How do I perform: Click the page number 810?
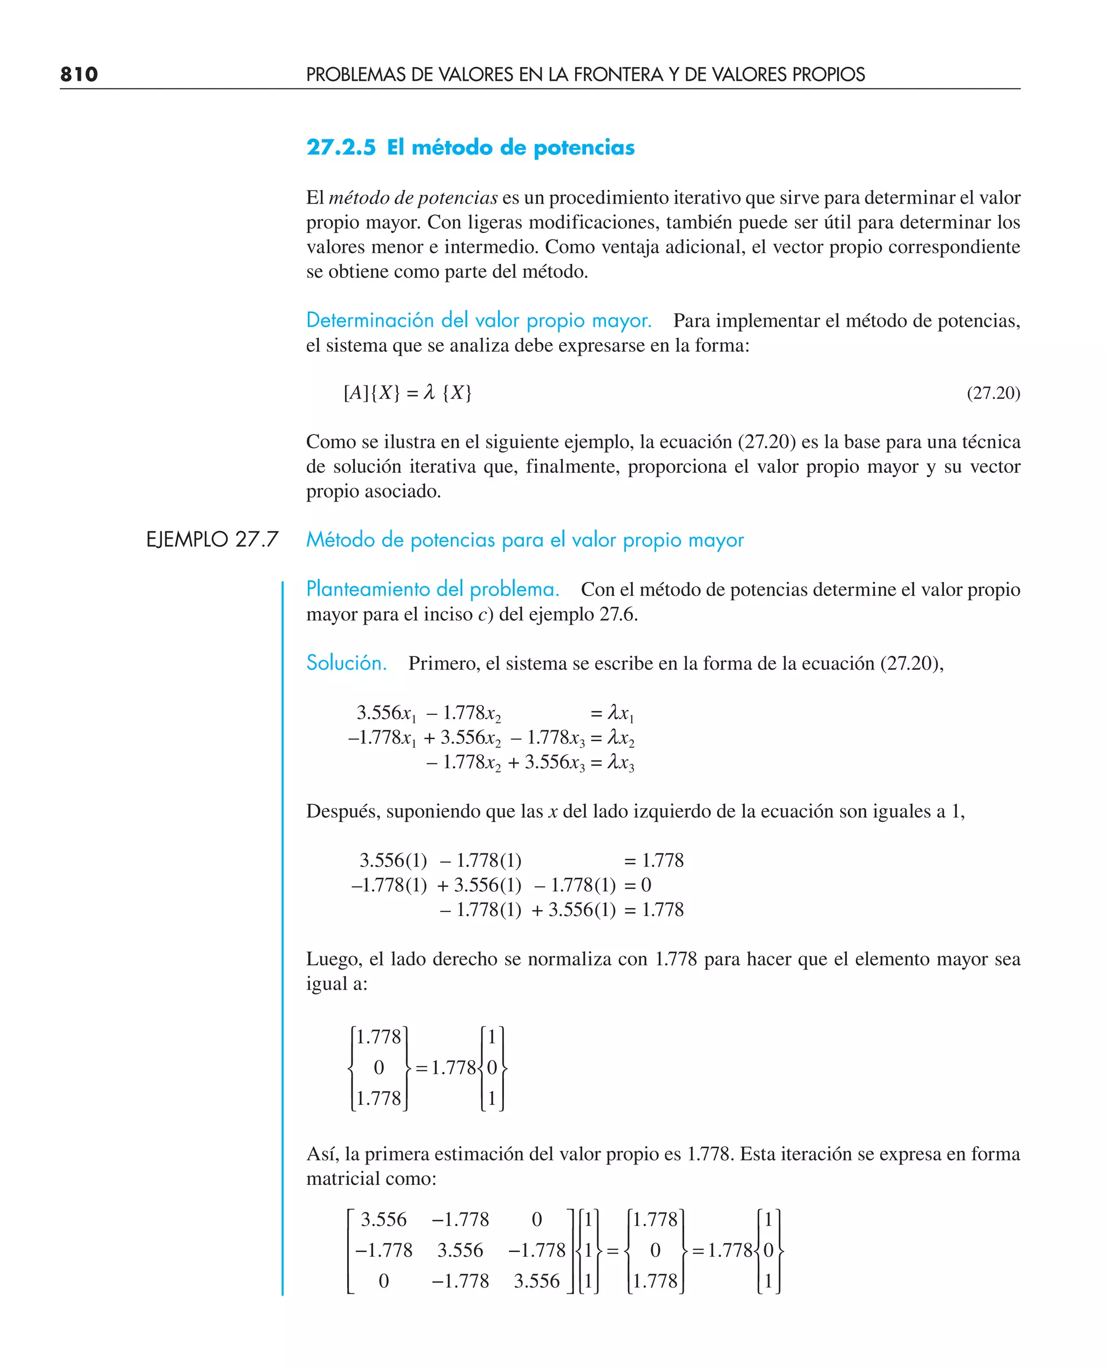coord(79,74)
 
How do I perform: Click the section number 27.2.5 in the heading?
coord(341,148)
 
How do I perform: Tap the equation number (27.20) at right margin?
coord(993,393)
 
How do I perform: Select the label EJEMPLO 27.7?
coord(212,539)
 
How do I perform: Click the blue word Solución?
coord(346,663)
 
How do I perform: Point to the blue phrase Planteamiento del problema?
coord(433,589)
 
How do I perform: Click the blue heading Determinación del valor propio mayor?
coord(478,320)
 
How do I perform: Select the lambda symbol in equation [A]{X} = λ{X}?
coord(429,392)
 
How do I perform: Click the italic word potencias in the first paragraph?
coord(457,198)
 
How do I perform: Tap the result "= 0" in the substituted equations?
coord(638,885)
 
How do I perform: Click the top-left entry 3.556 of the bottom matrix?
coord(383,1219)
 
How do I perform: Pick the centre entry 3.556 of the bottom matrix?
coord(460,1250)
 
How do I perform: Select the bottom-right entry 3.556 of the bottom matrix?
coord(536,1280)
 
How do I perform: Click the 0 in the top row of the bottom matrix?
coord(536,1219)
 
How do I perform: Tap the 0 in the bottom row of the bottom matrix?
coord(383,1280)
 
